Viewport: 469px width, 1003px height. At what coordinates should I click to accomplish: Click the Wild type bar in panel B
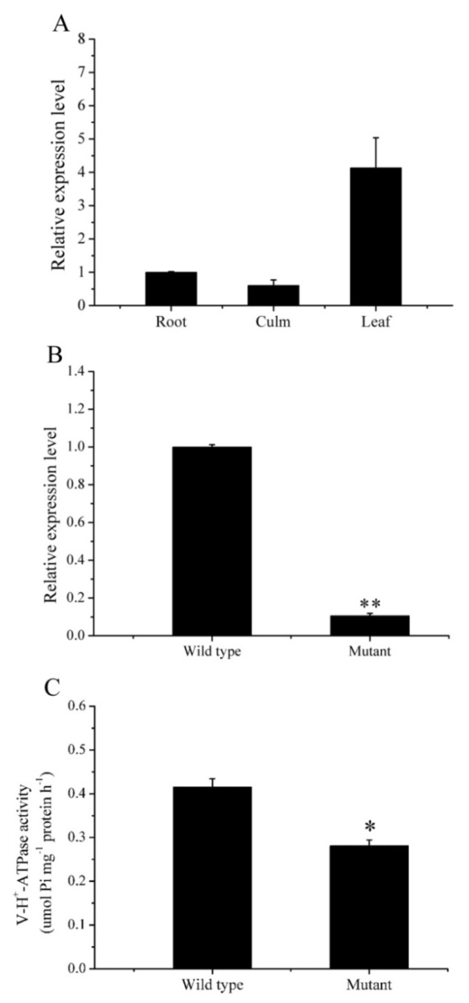click(x=212, y=541)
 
